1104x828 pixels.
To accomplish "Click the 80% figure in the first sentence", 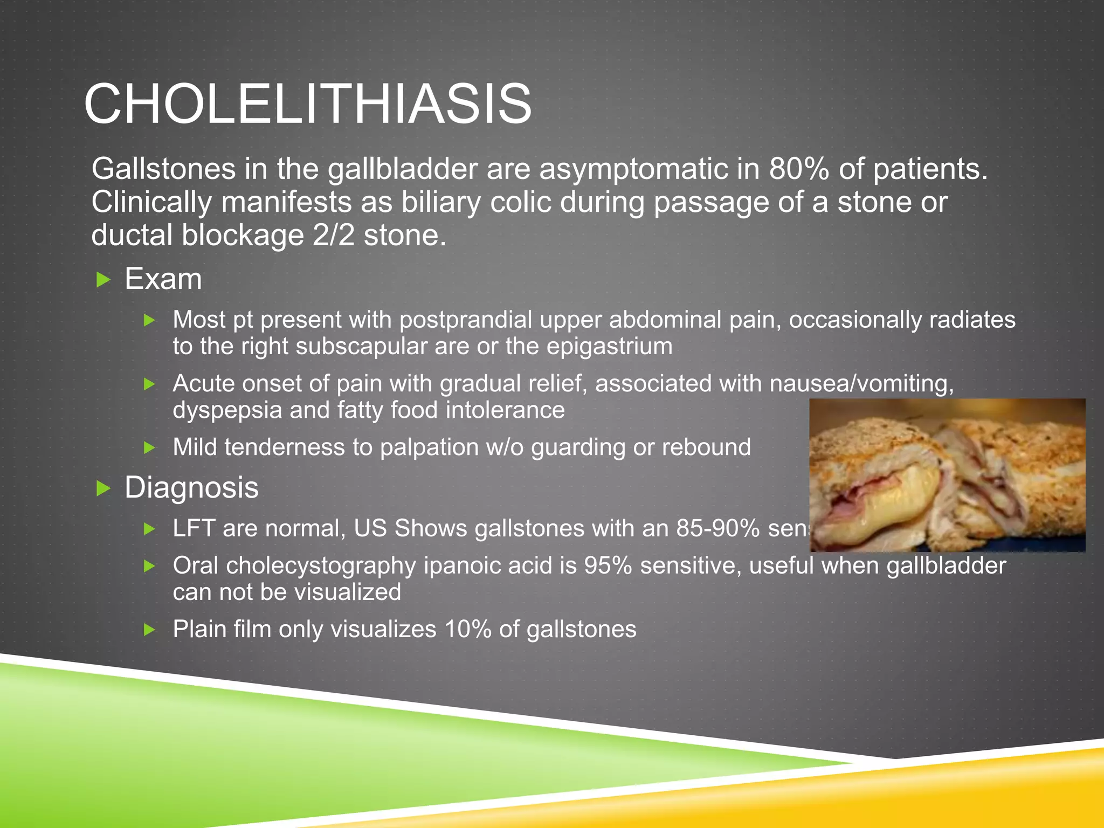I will point(799,169).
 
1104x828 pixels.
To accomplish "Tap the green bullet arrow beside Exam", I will point(103,280).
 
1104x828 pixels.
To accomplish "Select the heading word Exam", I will point(163,279).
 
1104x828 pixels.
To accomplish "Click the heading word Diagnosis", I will point(191,488).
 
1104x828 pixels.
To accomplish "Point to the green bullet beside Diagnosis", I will point(103,488).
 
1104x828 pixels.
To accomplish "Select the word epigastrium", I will point(609,346).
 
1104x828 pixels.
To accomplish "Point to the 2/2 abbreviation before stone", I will point(333,236).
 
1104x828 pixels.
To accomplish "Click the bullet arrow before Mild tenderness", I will point(150,447).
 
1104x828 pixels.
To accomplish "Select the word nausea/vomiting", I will point(861,384).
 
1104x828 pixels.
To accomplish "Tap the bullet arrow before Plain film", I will point(150,629).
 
